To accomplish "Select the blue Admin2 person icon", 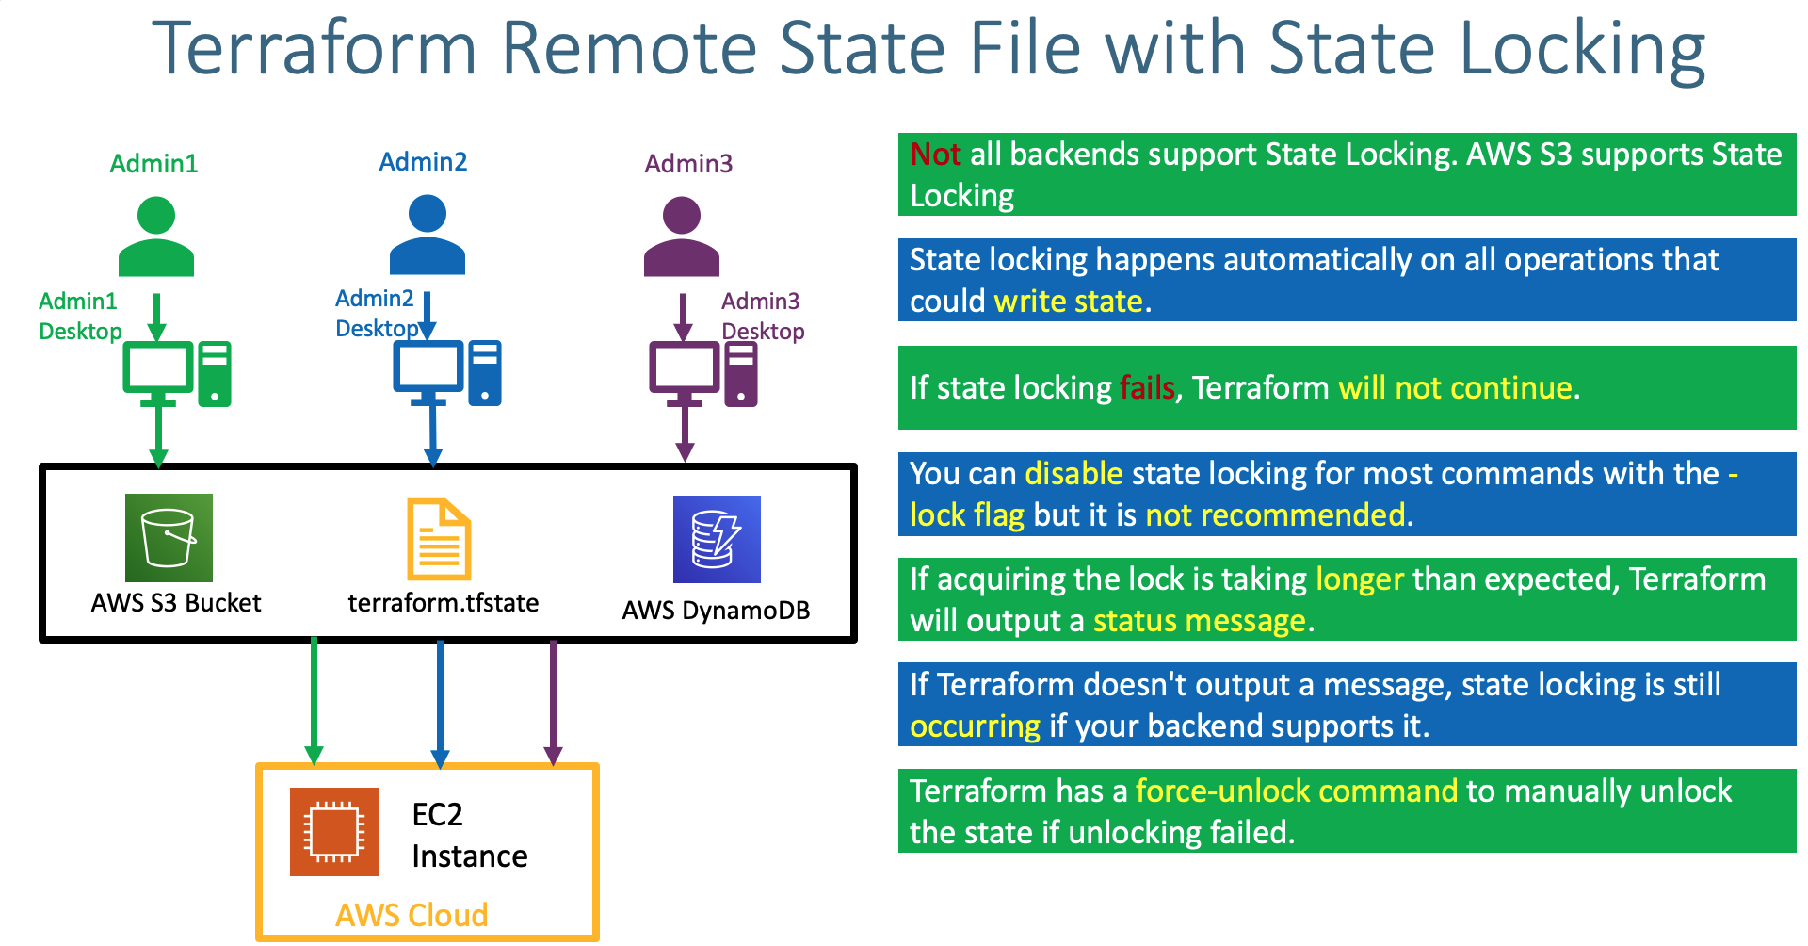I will pyautogui.click(x=428, y=235).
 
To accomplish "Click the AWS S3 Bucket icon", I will pyautogui.click(x=169, y=538).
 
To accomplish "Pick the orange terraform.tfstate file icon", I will pyautogui.click(x=439, y=539).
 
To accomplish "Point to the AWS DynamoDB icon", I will pyautogui.click(x=717, y=539).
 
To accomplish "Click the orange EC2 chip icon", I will pyautogui.click(x=334, y=832).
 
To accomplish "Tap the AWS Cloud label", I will pyautogui.click(x=412, y=915).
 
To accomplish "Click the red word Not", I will pyautogui.click(x=935, y=155).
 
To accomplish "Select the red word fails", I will pyautogui.click(x=1147, y=388).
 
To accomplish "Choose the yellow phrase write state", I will pyautogui.click(x=1069, y=302).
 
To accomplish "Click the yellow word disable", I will pyautogui.click(x=1073, y=473).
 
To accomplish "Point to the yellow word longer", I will pyautogui.click(x=1360, y=579).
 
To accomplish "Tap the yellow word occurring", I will pyautogui.click(x=975, y=726).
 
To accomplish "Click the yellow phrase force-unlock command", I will pyautogui.click(x=1297, y=791).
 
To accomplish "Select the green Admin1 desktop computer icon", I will pyautogui.click(x=177, y=374).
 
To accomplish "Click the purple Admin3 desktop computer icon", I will pyautogui.click(x=703, y=374).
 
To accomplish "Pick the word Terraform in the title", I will pyautogui.click(x=315, y=49).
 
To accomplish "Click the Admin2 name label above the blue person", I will pyautogui.click(x=423, y=162).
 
